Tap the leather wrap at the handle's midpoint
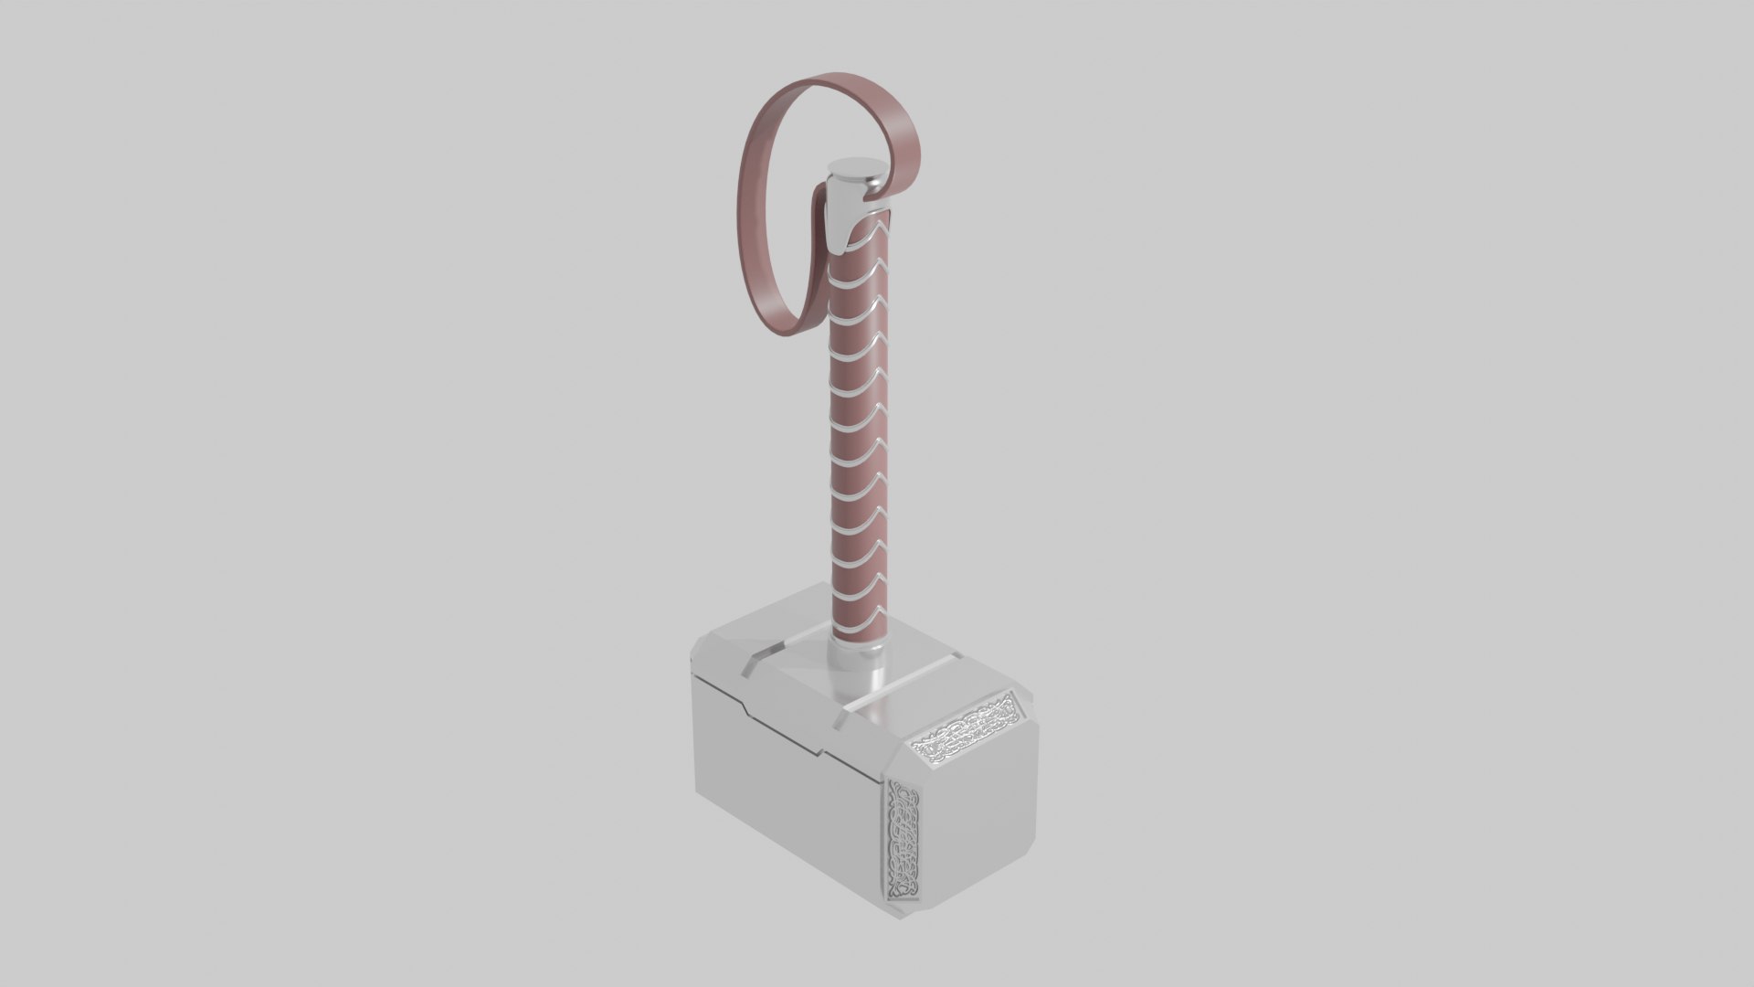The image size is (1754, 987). pos(859,430)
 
